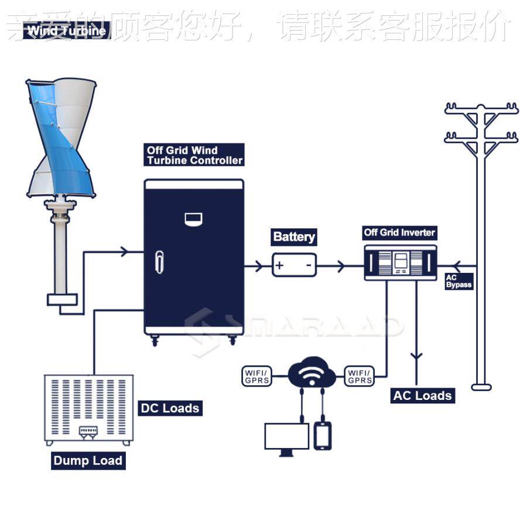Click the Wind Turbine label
click(x=67, y=31)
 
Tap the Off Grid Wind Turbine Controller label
click(x=194, y=155)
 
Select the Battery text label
click(x=294, y=237)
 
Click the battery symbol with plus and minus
click(x=294, y=265)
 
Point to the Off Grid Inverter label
click(x=399, y=232)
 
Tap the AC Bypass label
click(x=458, y=281)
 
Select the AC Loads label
click(x=422, y=396)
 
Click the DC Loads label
click(x=170, y=408)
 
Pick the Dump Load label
click(x=88, y=461)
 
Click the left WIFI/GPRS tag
click(x=256, y=376)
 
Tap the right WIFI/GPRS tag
click(x=359, y=376)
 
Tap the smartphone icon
click(x=323, y=436)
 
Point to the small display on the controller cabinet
click(x=193, y=219)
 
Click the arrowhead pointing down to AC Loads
click(x=417, y=355)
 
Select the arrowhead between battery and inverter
click(x=340, y=266)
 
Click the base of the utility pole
click(x=481, y=387)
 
